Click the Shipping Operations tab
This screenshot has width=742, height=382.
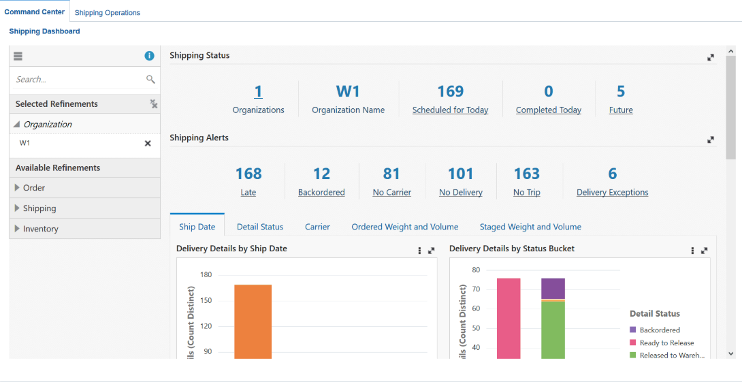click(107, 12)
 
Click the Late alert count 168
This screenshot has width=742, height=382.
click(248, 174)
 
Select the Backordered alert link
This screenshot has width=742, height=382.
click(321, 193)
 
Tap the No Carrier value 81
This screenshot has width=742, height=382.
click(391, 174)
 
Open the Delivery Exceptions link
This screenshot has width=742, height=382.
click(612, 193)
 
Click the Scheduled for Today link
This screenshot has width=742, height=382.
click(450, 110)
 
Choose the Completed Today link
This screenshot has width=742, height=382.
click(548, 110)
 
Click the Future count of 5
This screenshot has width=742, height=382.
click(621, 92)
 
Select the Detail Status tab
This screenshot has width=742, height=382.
click(260, 227)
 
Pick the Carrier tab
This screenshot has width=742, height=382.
click(317, 227)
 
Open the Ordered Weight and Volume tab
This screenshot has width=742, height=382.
click(404, 227)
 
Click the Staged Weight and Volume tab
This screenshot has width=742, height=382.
click(530, 227)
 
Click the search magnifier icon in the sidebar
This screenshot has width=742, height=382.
click(150, 80)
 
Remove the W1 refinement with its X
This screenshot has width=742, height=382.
click(148, 144)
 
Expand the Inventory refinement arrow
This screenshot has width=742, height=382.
click(17, 229)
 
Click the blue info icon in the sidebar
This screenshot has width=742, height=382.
click(149, 56)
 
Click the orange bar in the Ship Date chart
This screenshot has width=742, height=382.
click(253, 320)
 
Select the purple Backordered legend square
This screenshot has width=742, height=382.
click(633, 330)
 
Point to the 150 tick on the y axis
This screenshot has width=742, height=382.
click(206, 300)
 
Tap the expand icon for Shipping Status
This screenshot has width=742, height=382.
click(711, 57)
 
